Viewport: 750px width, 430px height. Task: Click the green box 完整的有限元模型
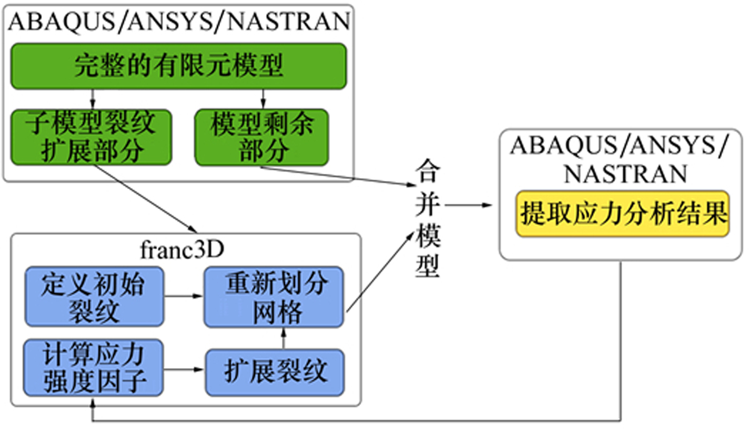point(178,65)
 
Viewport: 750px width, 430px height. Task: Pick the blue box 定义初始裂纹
point(93,296)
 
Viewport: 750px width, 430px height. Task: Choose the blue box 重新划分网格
point(274,296)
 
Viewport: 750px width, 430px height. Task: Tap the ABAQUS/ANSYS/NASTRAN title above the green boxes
point(178,21)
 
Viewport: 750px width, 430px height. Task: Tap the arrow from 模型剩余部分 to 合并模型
point(337,175)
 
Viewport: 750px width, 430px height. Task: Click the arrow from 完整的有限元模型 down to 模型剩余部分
point(262,98)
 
